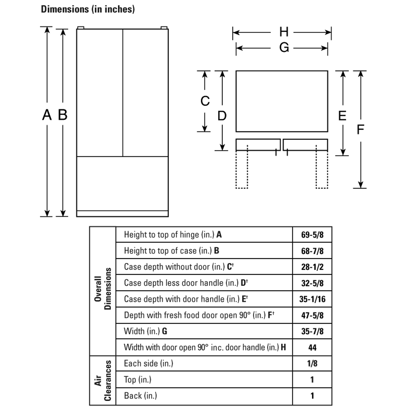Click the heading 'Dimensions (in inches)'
click(88, 9)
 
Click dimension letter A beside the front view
click(47, 115)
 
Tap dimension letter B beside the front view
click(63, 115)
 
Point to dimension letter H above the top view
click(284, 32)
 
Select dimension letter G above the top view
click(284, 48)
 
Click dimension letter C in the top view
click(205, 101)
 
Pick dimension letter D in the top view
click(222, 116)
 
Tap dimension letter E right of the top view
click(342, 115)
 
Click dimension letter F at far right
click(360, 130)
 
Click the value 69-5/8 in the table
click(312, 235)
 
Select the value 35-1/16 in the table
click(312, 299)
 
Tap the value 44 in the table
click(312, 347)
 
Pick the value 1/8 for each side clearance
click(312, 363)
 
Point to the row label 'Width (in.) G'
click(145, 331)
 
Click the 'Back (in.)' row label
click(140, 396)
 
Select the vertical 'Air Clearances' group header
click(103, 380)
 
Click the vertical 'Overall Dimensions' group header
click(103, 288)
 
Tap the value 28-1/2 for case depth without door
click(312, 267)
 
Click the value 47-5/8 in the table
click(312, 315)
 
